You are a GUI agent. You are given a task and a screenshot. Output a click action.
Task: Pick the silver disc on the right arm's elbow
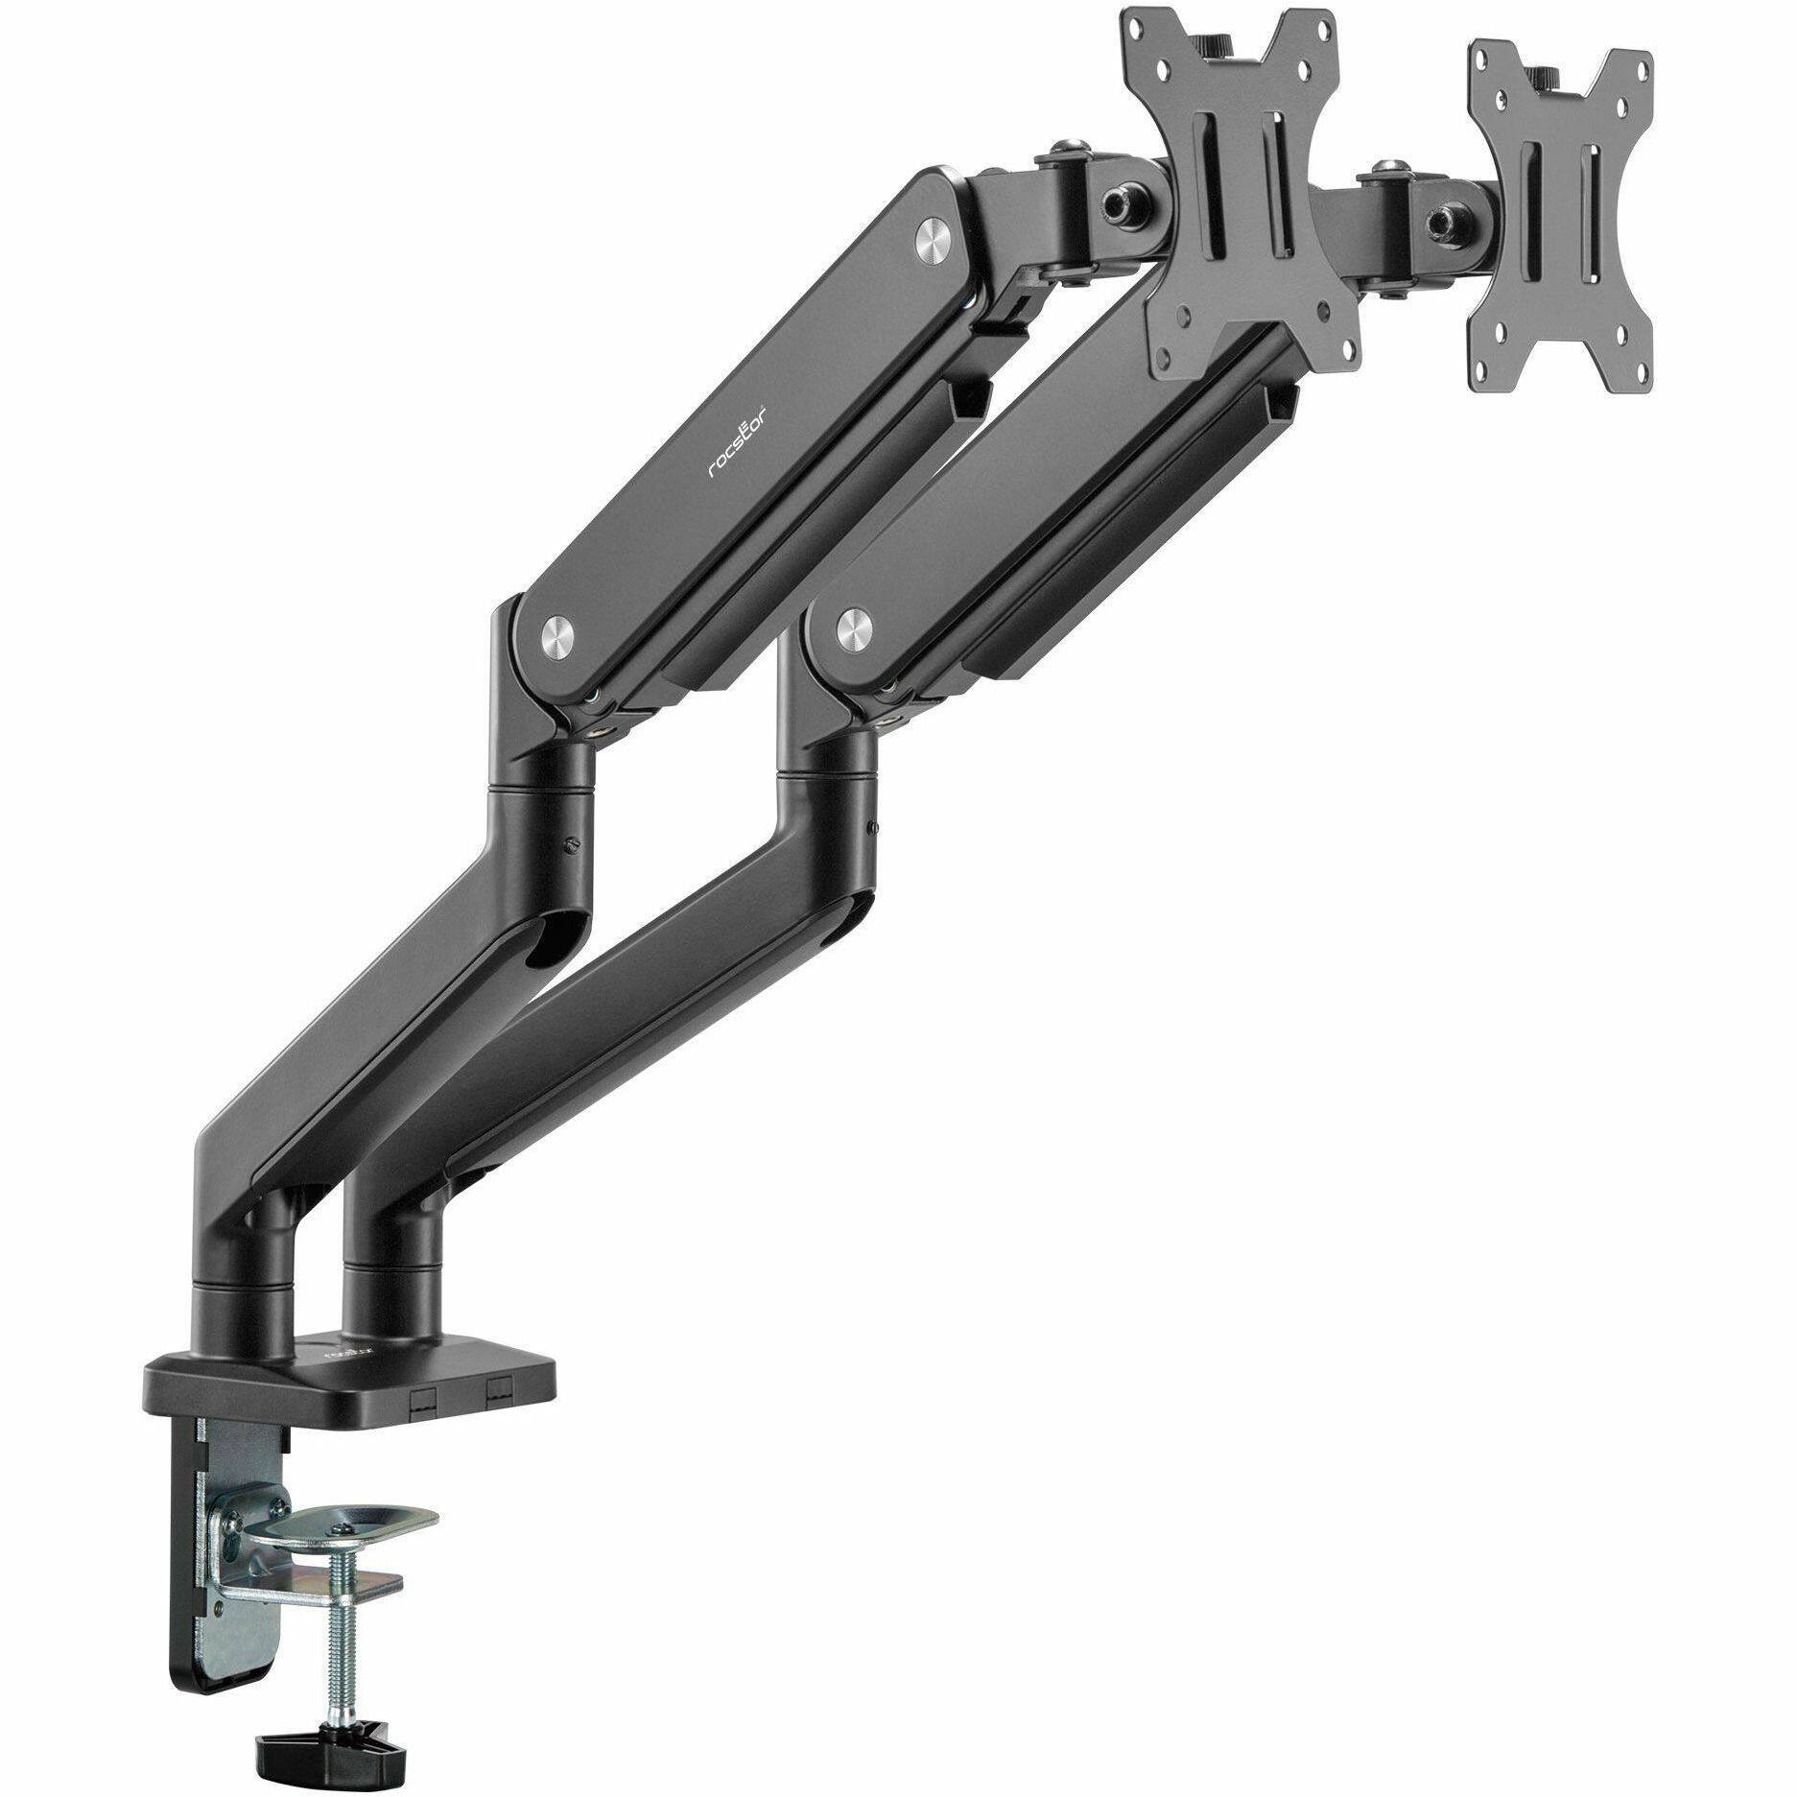pos(850,627)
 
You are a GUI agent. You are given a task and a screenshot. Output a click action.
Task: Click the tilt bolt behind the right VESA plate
pos(1438,220)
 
